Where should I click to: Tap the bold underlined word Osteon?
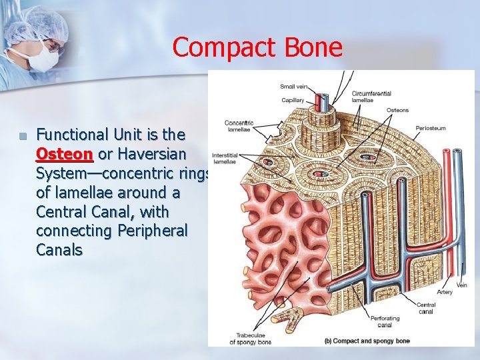coord(64,153)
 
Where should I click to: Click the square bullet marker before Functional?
coord(23,136)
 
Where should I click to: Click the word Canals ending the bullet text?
coord(59,250)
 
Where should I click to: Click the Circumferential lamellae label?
coord(371,97)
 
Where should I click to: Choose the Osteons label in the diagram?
coord(397,110)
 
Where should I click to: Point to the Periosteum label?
coord(431,128)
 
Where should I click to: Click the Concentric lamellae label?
coord(239,126)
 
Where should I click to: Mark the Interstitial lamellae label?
coord(225,159)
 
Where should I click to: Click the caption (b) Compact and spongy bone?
coord(367,341)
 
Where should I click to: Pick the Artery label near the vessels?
coord(444,292)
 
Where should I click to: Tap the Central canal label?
coord(426,308)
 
